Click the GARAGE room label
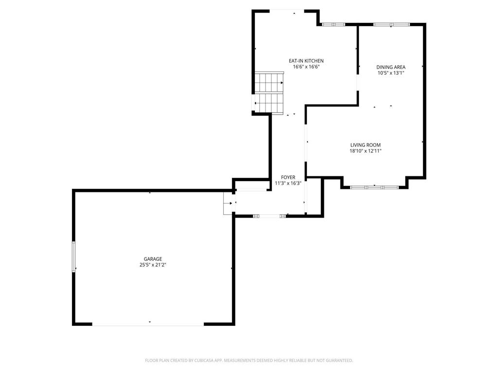[153, 259]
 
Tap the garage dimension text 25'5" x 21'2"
[153, 265]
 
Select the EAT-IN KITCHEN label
[306, 61]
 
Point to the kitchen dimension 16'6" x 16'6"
[306, 67]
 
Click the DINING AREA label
[391, 67]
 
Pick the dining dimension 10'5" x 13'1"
[391, 73]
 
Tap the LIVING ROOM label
[365, 145]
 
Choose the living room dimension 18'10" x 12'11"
[365, 151]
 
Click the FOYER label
[288, 177]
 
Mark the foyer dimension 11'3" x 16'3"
[288, 184]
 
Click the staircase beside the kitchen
[269, 92]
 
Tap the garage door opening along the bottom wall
[148, 324]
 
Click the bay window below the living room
[374, 187]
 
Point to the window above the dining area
[391, 24]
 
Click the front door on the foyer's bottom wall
[269, 215]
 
